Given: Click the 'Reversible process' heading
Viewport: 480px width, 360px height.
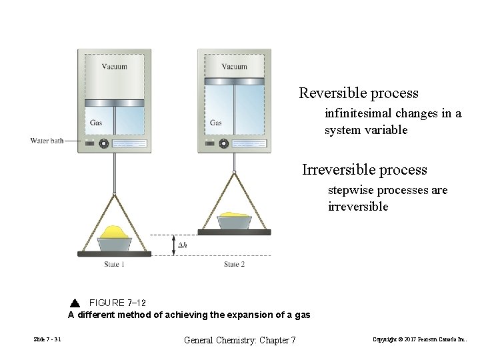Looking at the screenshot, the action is coord(359,93).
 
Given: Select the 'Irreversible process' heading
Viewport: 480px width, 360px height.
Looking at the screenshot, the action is coord(364,170).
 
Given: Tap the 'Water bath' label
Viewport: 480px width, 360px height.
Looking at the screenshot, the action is coord(47,141).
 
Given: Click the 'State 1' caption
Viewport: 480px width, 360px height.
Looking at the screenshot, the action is coord(114,265).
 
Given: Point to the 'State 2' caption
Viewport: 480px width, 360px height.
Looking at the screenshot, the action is coord(234,265).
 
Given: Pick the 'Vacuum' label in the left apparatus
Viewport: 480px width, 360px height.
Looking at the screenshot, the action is coord(115,67).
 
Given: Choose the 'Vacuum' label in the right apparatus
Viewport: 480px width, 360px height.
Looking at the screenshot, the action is coord(234,67).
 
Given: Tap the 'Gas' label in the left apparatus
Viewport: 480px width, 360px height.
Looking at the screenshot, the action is coord(96,123).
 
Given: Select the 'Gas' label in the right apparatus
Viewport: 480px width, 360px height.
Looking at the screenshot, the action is coord(216,123).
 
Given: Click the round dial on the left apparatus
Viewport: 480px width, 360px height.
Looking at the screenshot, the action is coord(104,143).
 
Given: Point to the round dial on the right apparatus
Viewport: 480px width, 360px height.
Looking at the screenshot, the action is coord(224,143).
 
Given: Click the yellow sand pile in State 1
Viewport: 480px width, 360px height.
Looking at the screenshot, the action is coord(115,233).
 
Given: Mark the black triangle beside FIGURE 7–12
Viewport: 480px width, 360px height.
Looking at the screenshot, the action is coord(74,303).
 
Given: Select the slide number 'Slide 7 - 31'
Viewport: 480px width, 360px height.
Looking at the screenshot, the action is coord(47,340).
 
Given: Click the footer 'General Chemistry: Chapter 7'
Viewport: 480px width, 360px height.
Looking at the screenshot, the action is coord(239,340).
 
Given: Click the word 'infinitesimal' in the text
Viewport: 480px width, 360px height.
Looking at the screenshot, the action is coord(359,113).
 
